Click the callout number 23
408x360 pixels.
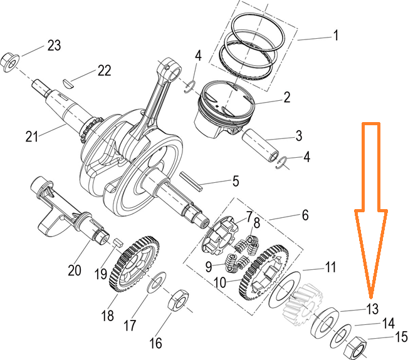[55, 45]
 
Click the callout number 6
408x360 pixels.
[305, 215]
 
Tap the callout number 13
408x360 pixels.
[373, 308]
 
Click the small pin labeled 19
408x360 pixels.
[116, 242]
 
